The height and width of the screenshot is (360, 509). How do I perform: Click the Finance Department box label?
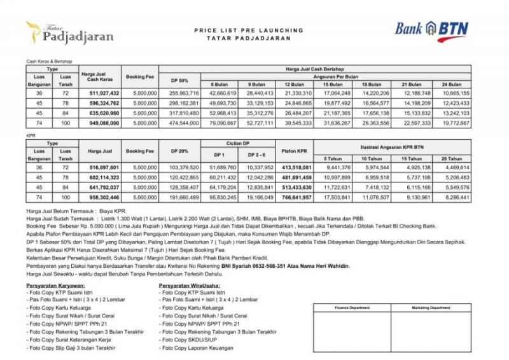351,307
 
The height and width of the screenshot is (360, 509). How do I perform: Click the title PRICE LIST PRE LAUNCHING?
248,30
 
